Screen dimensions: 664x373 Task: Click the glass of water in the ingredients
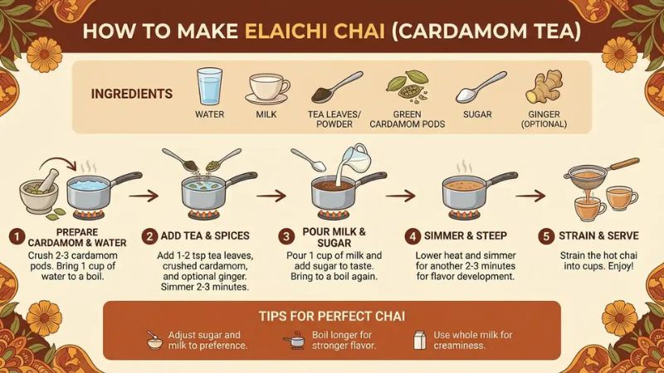209,86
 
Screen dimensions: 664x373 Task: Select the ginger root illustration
544,87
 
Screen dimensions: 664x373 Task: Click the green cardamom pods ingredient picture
407,87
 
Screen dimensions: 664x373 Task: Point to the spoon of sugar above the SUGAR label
481,88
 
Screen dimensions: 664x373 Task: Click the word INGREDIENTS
132,94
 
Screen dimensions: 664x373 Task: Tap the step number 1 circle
17,236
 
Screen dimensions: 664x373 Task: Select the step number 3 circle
286,236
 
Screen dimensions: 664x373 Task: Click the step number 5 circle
546,236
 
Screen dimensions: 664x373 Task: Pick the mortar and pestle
39,191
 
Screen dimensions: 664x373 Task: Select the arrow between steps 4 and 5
530,196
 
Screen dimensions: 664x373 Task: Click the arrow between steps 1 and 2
144,196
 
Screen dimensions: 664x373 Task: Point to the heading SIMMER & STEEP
466,235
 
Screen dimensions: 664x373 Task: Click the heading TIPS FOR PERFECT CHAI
332,316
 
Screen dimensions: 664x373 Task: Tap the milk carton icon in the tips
420,340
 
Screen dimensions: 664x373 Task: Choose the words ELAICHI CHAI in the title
315,31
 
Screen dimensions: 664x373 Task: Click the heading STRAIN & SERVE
598,235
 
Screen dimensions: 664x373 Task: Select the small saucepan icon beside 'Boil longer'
294,340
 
